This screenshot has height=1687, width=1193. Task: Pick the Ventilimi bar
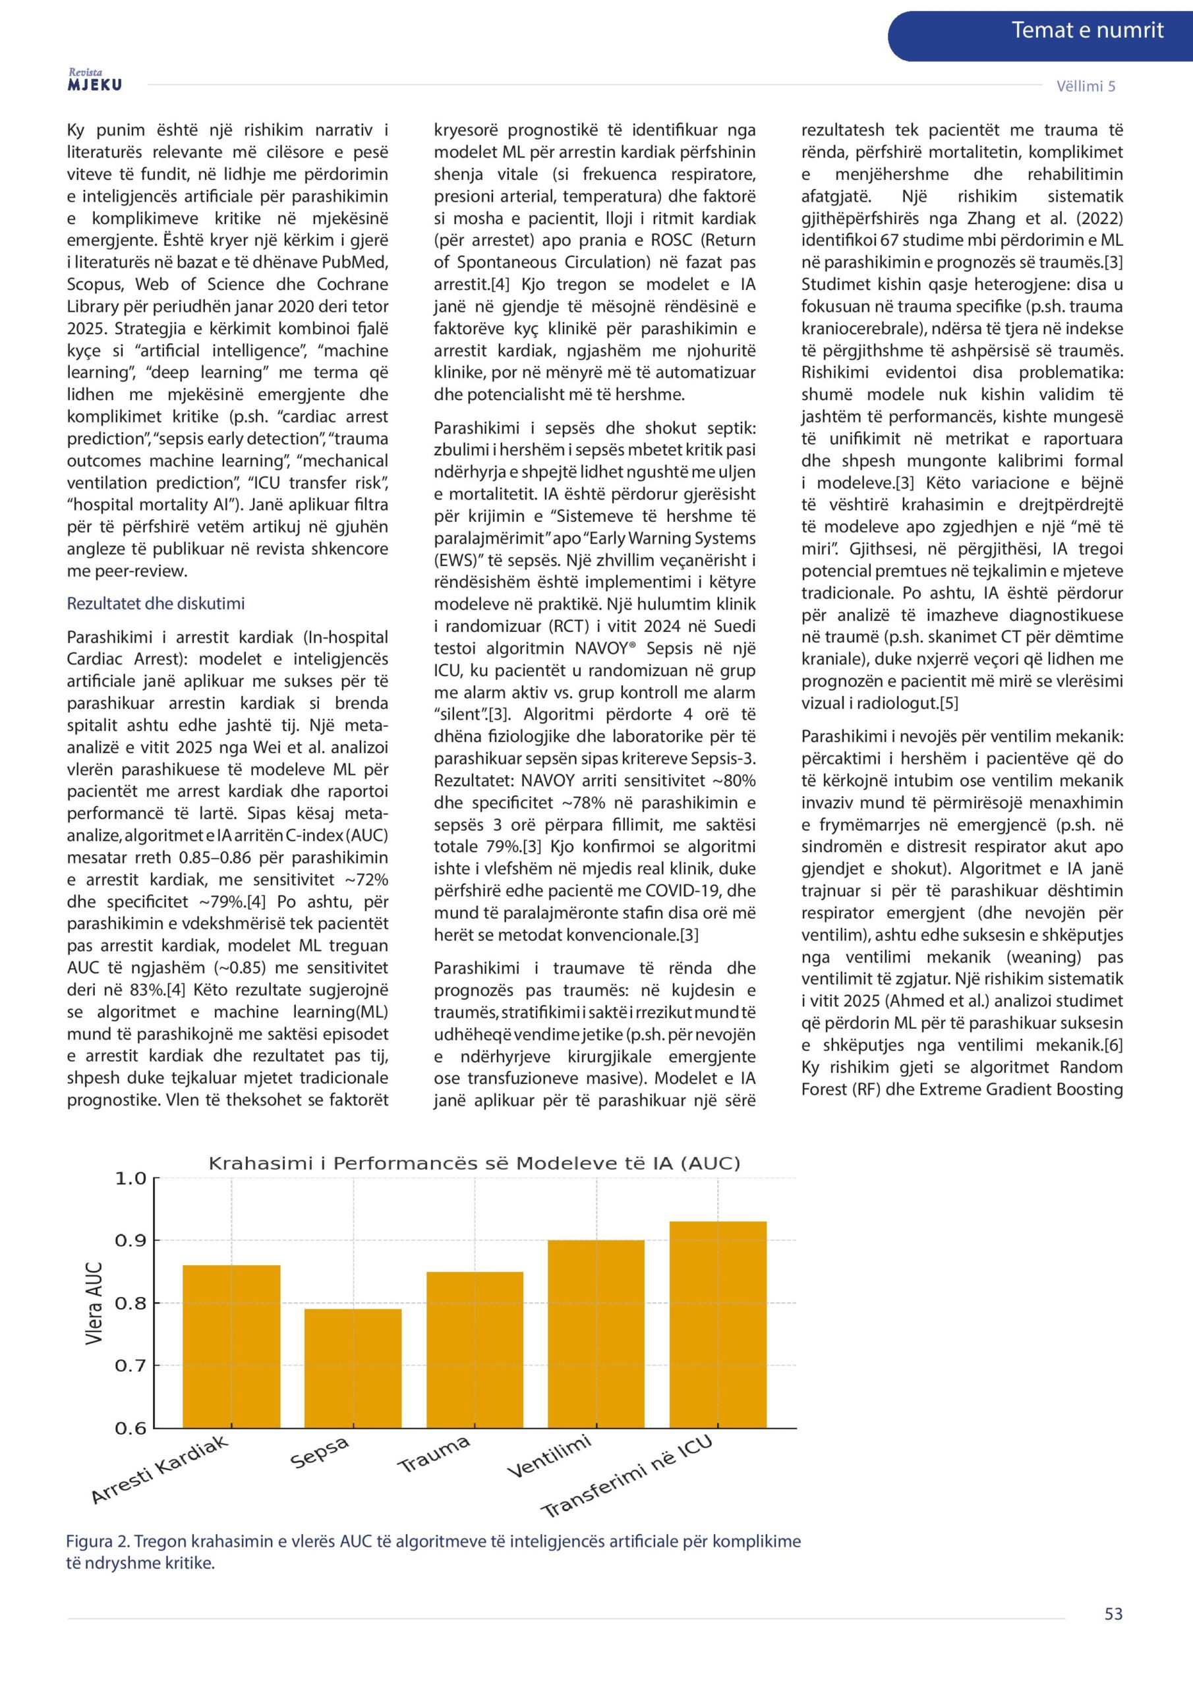coord(596,1334)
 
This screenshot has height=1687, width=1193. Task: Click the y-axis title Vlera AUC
coord(94,1303)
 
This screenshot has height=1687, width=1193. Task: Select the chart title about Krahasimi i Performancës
coord(474,1163)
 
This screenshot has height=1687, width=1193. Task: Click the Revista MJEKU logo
coord(95,81)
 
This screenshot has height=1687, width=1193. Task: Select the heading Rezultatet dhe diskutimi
coord(156,604)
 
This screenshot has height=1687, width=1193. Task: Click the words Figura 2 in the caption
coord(98,1541)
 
